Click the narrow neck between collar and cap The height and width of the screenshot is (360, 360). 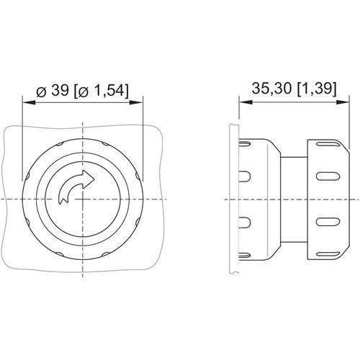pyautogui.click(x=293, y=199)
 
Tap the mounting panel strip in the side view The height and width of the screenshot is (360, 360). pyautogui.click(x=230, y=199)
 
